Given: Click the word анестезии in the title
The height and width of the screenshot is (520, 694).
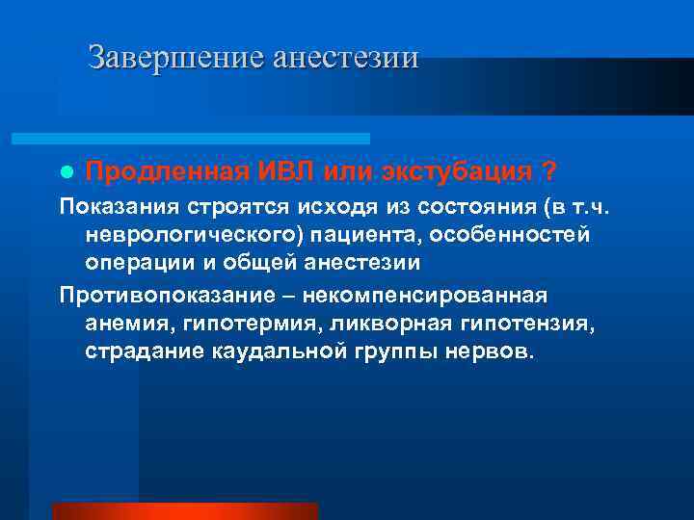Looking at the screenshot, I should tap(346, 57).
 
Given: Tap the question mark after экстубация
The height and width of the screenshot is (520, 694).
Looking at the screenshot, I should tap(547, 171).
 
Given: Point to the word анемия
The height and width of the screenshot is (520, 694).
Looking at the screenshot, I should tap(122, 323).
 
